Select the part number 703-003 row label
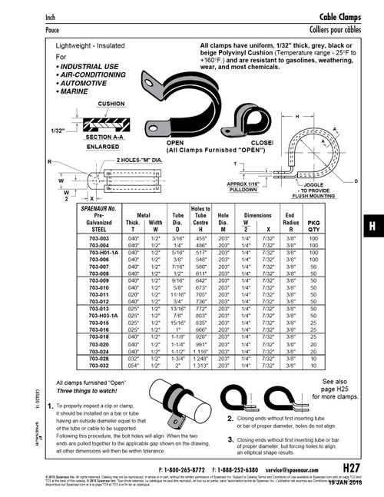pyautogui.click(x=102, y=239)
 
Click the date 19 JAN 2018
pyautogui.click(x=349, y=482)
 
